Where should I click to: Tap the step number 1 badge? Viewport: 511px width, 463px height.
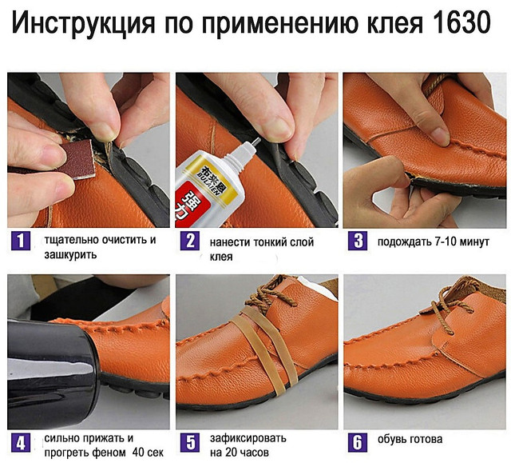point(21,241)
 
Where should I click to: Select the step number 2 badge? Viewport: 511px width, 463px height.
point(190,241)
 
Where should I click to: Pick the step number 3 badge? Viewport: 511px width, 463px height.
point(358,241)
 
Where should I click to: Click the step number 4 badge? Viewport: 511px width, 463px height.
point(21,443)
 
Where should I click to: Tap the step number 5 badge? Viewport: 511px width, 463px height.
point(190,443)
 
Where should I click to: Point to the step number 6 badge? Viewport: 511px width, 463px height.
point(358,443)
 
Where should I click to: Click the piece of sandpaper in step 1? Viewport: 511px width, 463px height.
point(78,160)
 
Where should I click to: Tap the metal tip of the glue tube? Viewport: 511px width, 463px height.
point(255,142)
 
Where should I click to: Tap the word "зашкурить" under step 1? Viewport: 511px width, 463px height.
point(70,254)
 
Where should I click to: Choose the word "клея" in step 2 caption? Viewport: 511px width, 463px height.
point(221,257)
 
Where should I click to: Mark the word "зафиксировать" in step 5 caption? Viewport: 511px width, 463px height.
point(248,438)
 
